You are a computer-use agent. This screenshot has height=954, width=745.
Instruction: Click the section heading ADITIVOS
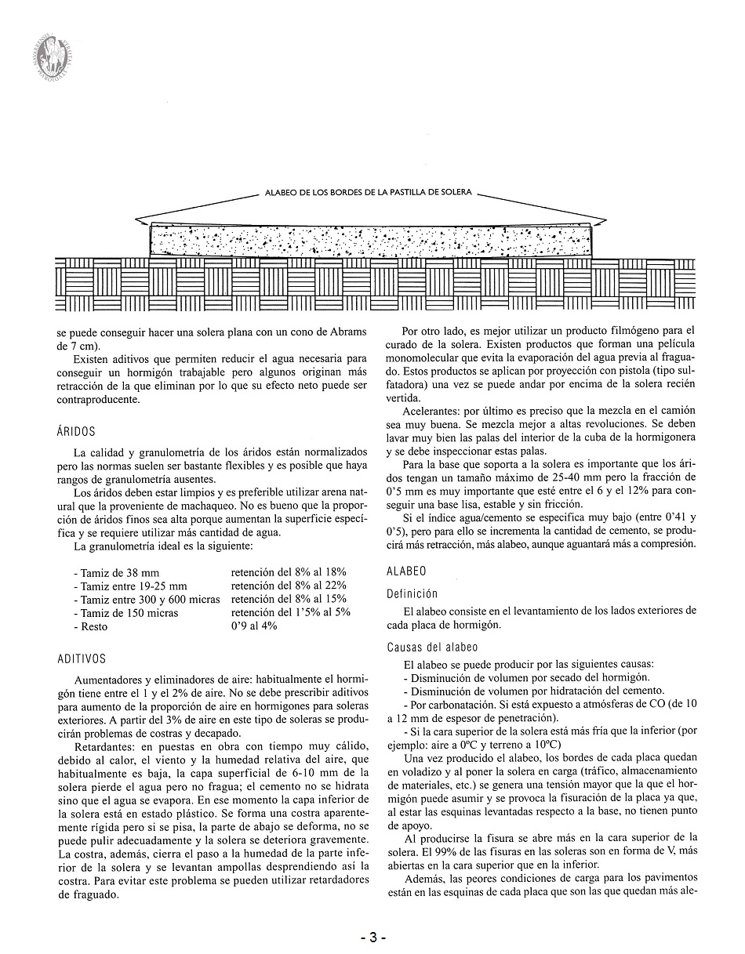pyautogui.click(x=82, y=659)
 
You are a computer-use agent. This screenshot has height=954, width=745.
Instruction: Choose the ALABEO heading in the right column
pyautogui.click(x=406, y=572)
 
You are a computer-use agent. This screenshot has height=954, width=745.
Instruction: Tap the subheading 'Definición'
pyautogui.click(x=412, y=594)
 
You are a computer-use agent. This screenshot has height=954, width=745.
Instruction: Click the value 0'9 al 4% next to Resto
pyautogui.click(x=253, y=626)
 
